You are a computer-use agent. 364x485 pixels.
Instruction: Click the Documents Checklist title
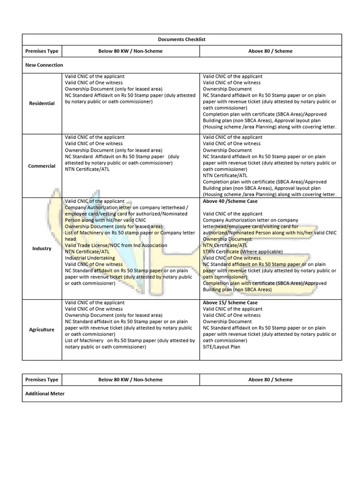(x=182, y=39)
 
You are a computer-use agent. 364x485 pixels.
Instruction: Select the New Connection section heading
(x=44, y=65)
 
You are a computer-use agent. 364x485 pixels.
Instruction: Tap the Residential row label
(x=42, y=103)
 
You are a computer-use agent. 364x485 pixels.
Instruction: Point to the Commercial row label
(x=42, y=166)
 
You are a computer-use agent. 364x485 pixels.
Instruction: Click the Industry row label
(x=42, y=249)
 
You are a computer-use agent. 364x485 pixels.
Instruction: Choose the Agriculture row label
(x=42, y=330)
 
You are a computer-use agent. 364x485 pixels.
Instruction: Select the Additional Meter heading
(x=45, y=394)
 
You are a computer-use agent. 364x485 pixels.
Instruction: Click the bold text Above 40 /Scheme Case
(x=230, y=201)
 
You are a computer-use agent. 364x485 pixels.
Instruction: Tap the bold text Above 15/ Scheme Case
(x=230, y=303)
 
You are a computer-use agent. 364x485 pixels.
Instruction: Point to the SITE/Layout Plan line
(x=221, y=347)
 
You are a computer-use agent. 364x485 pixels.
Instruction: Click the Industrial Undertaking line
(x=90, y=258)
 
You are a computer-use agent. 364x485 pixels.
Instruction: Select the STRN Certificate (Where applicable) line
(x=243, y=252)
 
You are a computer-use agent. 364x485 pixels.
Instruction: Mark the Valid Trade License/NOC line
(x=116, y=245)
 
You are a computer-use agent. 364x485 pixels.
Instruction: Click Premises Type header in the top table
(x=42, y=51)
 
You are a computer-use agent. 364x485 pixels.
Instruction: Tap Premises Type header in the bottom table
(x=42, y=380)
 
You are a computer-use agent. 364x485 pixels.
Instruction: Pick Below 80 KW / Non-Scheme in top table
(x=130, y=51)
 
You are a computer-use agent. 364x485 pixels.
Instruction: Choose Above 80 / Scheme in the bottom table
(x=270, y=380)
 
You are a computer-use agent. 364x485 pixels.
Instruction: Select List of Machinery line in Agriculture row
(x=129, y=341)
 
